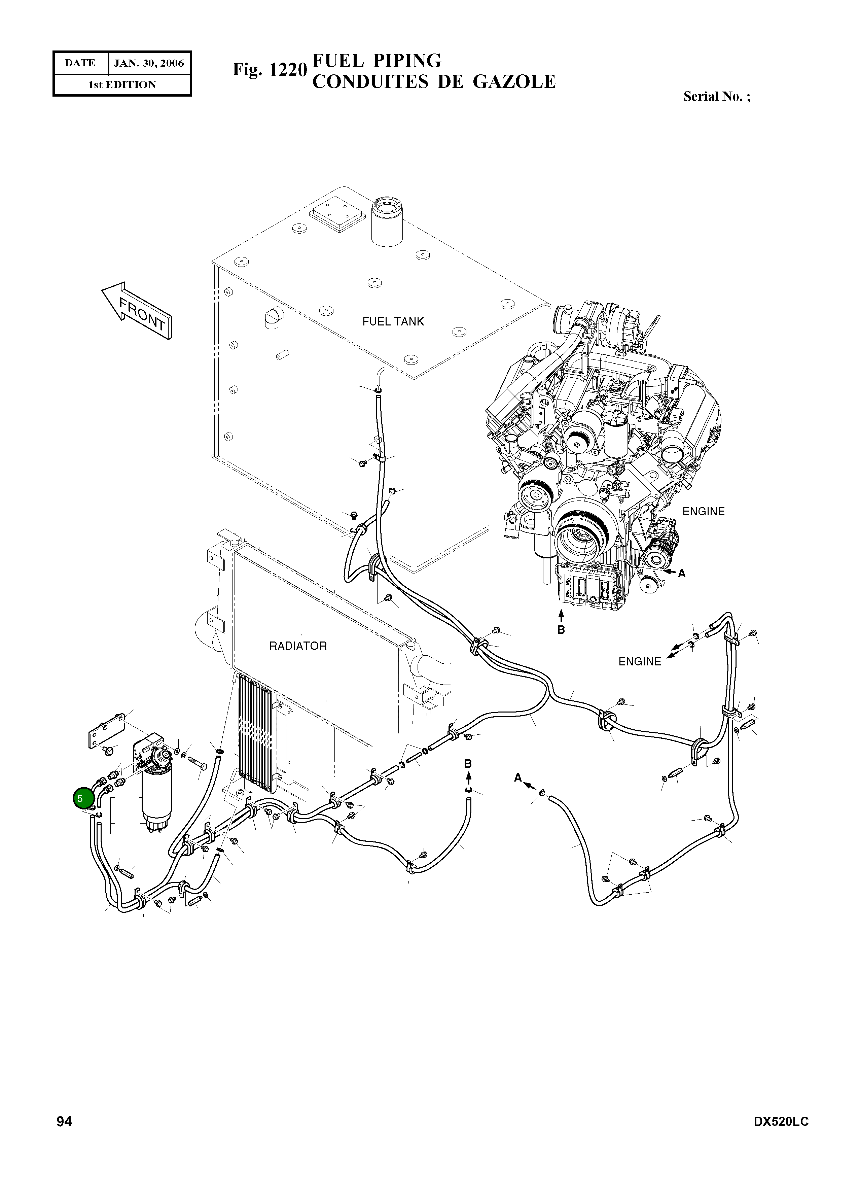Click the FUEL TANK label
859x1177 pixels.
click(393, 321)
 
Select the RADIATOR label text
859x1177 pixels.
click(298, 646)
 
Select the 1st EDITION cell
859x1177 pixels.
click(122, 85)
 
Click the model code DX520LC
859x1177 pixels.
click(781, 1122)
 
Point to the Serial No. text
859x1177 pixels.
click(717, 96)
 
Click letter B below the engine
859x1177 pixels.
click(561, 630)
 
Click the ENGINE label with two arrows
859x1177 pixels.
click(640, 662)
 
